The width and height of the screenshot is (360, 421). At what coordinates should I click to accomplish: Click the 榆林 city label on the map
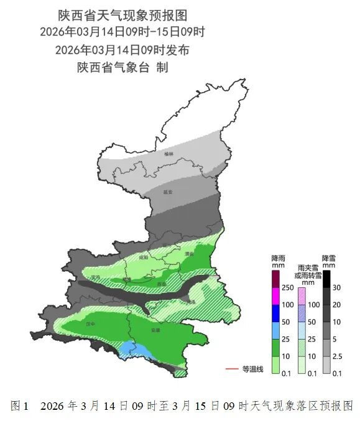168,153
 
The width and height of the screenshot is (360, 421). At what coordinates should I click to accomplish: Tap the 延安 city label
168,192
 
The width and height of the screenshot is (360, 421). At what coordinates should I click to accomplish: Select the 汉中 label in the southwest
91,324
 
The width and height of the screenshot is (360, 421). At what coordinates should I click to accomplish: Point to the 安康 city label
155,330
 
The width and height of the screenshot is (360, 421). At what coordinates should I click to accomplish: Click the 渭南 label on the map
190,254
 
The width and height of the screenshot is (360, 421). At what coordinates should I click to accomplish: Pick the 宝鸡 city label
95,277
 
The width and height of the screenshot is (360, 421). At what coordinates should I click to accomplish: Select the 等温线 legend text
253,369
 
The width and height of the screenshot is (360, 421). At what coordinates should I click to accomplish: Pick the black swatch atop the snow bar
326,279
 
